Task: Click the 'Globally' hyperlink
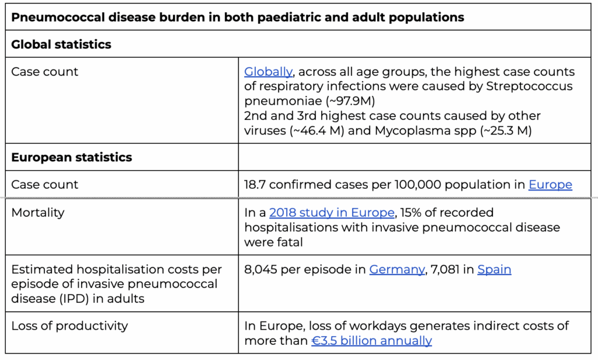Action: click(x=268, y=72)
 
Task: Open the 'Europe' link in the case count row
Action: click(x=550, y=185)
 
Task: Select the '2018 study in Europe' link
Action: click(x=332, y=212)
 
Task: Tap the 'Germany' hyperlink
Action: click(x=397, y=269)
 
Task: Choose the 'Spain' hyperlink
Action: click(x=494, y=269)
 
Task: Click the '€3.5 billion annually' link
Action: click(x=372, y=341)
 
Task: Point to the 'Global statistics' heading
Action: click(x=61, y=44)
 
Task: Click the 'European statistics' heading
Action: click(x=72, y=157)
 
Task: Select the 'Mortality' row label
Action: click(x=38, y=213)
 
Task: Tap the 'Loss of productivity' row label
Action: click(x=70, y=326)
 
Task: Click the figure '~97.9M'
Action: click(x=353, y=101)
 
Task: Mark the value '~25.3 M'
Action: click(x=507, y=130)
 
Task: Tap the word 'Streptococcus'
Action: click(x=529, y=86)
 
